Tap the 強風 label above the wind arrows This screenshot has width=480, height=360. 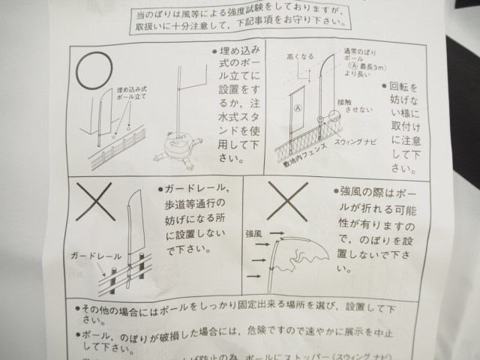(255, 234)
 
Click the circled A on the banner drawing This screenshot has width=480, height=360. (296, 108)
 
